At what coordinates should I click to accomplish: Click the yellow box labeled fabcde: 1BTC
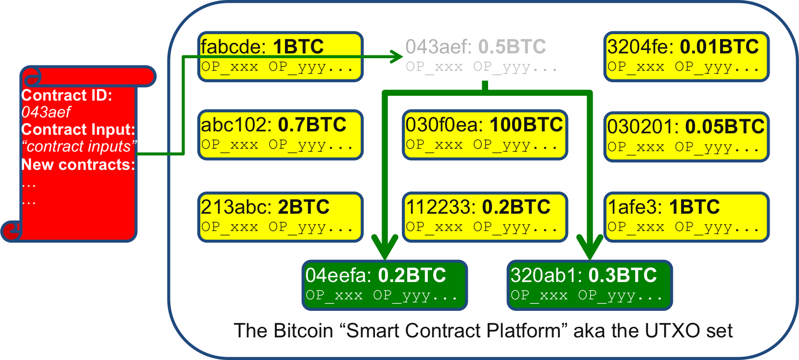tap(280, 56)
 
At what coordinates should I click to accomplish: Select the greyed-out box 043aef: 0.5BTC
tap(485, 56)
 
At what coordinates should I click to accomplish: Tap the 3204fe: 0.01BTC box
tap(686, 56)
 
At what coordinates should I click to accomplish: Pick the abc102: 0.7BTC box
tap(280, 135)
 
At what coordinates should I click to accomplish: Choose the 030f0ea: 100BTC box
tap(485, 135)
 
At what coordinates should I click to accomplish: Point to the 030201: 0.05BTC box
tap(686, 137)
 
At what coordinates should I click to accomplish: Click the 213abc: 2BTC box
tap(280, 217)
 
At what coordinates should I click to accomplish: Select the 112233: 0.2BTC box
tap(485, 217)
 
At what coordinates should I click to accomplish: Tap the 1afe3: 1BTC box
tap(686, 217)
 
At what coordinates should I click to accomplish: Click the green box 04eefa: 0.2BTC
tap(385, 285)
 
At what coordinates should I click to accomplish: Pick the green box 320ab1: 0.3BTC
tap(590, 285)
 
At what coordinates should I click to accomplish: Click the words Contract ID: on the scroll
tap(66, 95)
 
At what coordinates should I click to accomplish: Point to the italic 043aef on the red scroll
tap(46, 112)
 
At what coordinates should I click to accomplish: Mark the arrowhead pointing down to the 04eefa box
tap(385, 246)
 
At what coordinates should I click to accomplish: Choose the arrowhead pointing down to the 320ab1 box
tap(590, 246)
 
